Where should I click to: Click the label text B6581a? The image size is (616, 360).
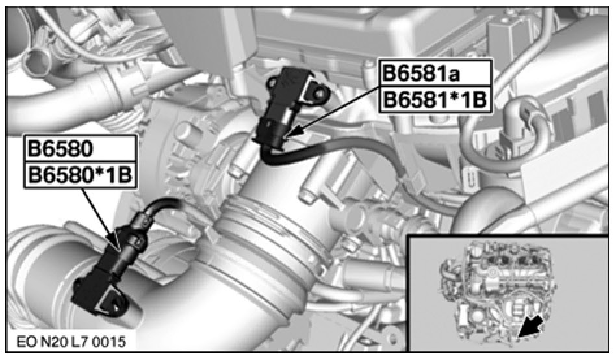[x=421, y=73]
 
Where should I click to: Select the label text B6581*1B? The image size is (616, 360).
[x=435, y=100]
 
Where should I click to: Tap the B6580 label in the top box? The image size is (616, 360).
[x=60, y=149]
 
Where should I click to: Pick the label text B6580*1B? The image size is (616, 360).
[x=80, y=175]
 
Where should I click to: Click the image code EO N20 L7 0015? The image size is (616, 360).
[x=71, y=341]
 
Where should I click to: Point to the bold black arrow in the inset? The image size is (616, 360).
[x=531, y=327]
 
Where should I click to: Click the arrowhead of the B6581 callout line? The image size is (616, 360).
[x=294, y=131]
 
